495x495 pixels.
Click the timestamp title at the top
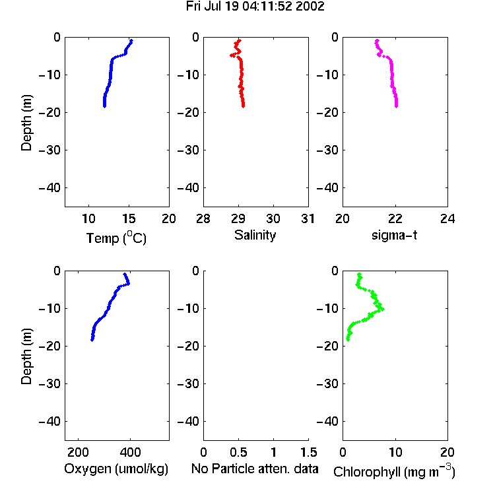coord(255,6)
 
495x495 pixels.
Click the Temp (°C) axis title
coord(116,238)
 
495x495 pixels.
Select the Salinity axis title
coord(255,235)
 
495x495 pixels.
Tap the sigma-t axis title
coord(394,235)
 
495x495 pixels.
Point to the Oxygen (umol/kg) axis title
coord(116,469)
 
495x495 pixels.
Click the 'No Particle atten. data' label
coord(255,469)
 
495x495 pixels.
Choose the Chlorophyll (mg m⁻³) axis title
coord(394,471)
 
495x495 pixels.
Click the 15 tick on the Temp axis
coord(129,218)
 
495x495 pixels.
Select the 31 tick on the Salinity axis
coord(308,218)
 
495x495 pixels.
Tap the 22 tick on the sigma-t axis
coord(395,218)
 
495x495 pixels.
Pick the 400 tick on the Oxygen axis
coord(130,452)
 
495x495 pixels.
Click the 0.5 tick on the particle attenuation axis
coord(238,452)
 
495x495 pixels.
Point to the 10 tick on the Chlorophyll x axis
coord(395,452)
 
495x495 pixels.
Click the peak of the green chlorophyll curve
coord(383,309)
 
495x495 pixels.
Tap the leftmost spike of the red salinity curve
coord(232,55)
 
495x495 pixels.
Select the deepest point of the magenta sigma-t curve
coord(396,106)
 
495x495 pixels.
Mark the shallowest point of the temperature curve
coord(131,40)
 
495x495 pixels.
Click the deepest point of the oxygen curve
coord(92,340)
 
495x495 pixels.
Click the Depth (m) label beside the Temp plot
coord(26,123)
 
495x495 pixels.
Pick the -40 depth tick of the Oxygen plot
coord(49,421)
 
